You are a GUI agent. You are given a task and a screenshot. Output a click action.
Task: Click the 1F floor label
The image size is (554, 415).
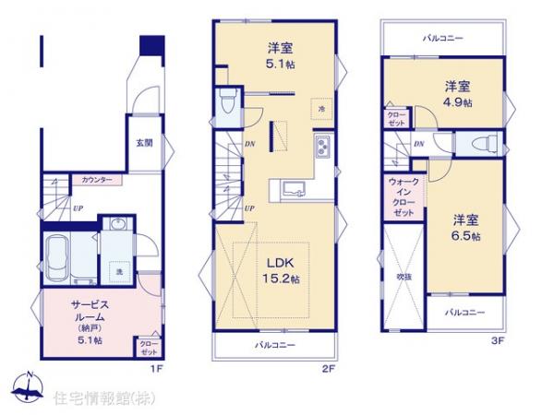(x=157, y=367)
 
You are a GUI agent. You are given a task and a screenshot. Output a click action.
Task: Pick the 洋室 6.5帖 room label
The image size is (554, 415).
(x=465, y=226)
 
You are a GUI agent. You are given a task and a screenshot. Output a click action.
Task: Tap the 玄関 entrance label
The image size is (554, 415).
(x=145, y=143)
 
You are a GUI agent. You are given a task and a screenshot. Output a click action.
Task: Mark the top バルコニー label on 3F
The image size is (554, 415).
(x=444, y=38)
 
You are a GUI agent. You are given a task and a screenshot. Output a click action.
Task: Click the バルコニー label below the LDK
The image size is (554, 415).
(x=274, y=345)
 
